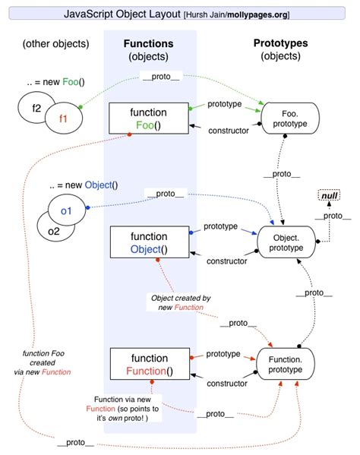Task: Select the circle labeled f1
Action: pos(62,118)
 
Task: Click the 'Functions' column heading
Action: pos(148,43)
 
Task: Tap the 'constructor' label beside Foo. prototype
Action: pos(229,129)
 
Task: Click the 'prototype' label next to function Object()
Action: pos(221,226)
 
